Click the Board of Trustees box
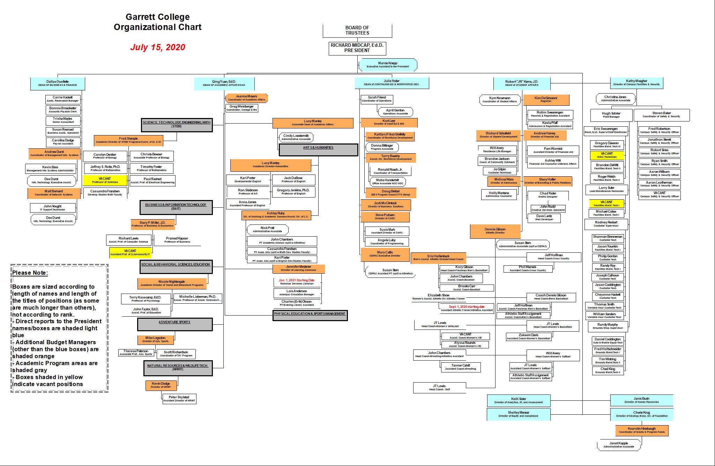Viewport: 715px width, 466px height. pyautogui.click(x=357, y=30)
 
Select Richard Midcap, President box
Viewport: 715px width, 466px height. pyautogui.click(x=357, y=48)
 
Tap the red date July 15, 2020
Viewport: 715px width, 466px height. pyautogui.click(x=158, y=47)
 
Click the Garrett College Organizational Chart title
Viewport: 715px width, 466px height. pyautogui.click(x=158, y=22)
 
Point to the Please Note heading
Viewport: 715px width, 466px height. pyautogui.click(x=30, y=273)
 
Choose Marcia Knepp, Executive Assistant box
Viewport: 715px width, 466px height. pyautogui.click(x=388, y=65)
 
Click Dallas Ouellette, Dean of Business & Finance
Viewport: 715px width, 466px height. pyautogui.click(x=58, y=83)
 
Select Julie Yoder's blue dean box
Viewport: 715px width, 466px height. pyautogui.click(x=392, y=83)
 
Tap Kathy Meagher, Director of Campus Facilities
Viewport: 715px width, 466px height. pyautogui.click(x=636, y=83)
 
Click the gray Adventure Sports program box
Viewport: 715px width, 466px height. pyautogui.click(x=174, y=324)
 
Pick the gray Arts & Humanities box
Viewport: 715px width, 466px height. pyautogui.click(x=318, y=149)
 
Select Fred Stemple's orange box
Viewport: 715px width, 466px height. pyautogui.click(x=128, y=140)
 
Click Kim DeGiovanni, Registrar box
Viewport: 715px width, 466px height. pyautogui.click(x=546, y=100)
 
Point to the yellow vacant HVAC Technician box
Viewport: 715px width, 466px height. pyautogui.click(x=607, y=155)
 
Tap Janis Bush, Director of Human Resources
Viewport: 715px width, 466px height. pyautogui.click(x=641, y=400)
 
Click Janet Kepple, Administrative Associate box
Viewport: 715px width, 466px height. pyautogui.click(x=619, y=445)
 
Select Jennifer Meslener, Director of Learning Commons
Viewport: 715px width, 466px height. pyautogui.click(x=298, y=268)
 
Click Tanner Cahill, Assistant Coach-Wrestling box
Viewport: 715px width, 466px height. pyautogui.click(x=460, y=367)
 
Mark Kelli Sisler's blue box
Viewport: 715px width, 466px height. pyautogui.click(x=519, y=400)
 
